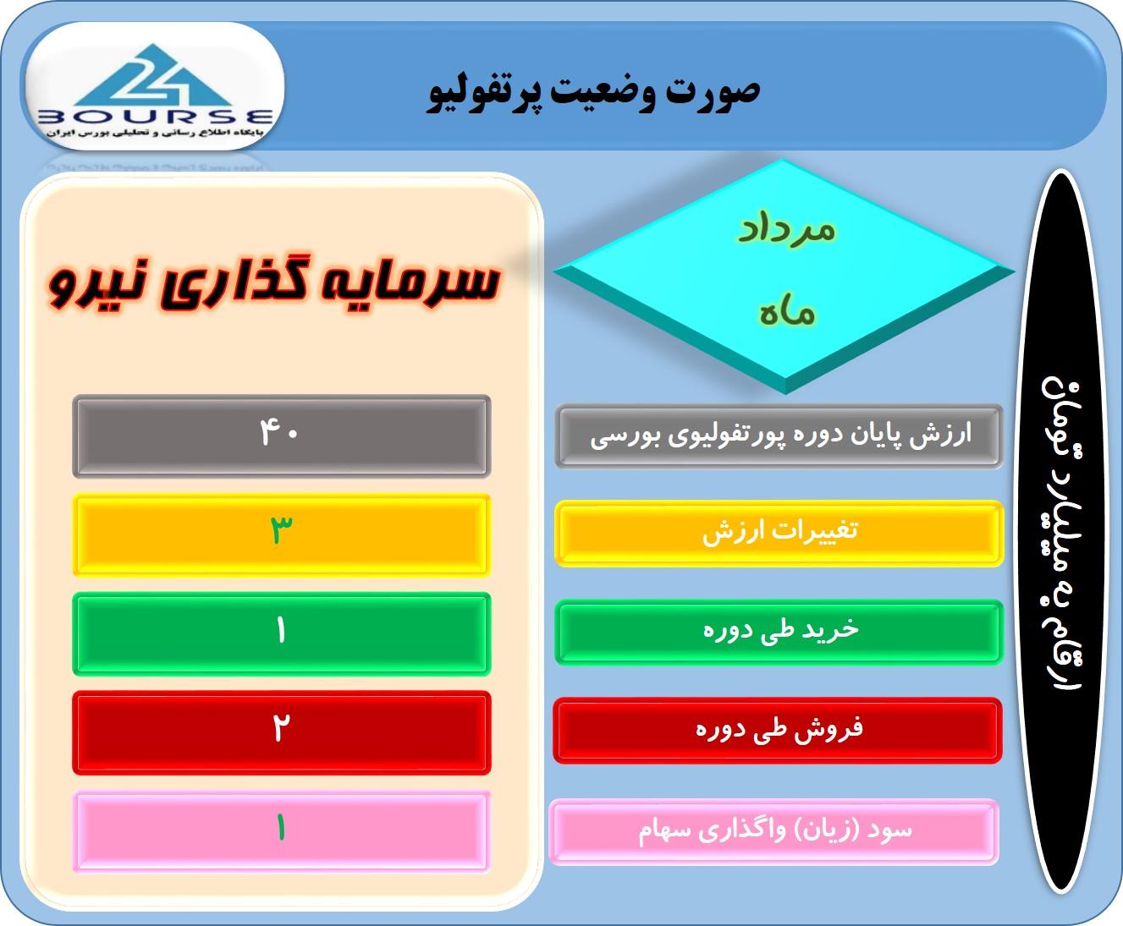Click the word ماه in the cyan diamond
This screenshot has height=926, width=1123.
pyautogui.click(x=787, y=313)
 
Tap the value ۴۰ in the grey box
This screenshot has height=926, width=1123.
pyautogui.click(x=279, y=433)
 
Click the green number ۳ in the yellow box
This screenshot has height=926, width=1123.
pyautogui.click(x=281, y=529)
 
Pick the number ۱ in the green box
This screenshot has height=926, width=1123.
pyautogui.click(x=281, y=630)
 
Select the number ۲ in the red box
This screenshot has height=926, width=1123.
pyautogui.click(x=281, y=728)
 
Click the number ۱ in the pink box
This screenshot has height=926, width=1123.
pyautogui.click(x=281, y=827)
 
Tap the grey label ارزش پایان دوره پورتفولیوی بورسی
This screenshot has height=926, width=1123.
pyautogui.click(x=781, y=436)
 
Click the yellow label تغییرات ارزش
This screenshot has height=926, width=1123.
pyautogui.click(x=780, y=533)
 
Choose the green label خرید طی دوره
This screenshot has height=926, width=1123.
pyautogui.click(x=781, y=630)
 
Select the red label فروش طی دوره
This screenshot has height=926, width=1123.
pyautogui.click(x=779, y=729)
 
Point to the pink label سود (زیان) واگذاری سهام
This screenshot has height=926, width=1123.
pyautogui.click(x=775, y=831)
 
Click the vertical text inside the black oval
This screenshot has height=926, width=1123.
pyautogui.click(x=1062, y=534)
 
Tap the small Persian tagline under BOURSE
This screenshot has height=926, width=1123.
pyautogui.click(x=155, y=133)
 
